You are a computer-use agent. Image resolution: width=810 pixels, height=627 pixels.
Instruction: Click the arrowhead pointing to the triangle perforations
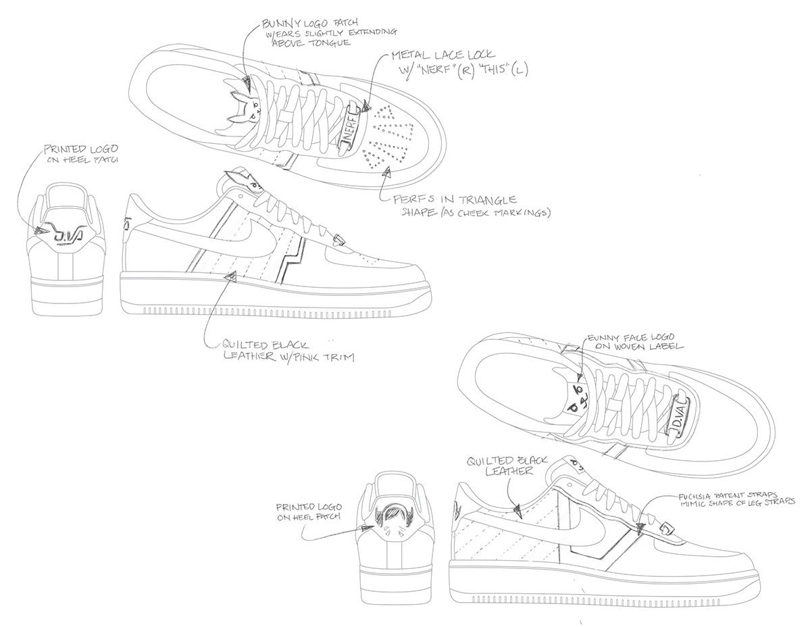tap(386, 174)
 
